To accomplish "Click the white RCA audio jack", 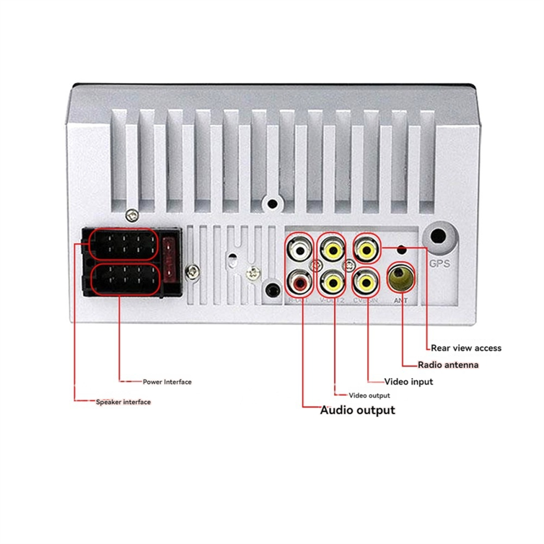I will [x=299, y=251].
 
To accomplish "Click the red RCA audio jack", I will [x=299, y=283].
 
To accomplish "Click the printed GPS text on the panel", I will [x=440, y=264].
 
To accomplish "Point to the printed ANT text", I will [x=401, y=301].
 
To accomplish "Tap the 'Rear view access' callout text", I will [x=466, y=348].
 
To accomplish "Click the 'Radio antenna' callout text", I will [x=448, y=365].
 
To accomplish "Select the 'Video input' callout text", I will [x=408, y=381].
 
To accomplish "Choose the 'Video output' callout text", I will [x=369, y=396].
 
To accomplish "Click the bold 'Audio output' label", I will [x=357, y=410].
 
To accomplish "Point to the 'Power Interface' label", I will [x=167, y=382].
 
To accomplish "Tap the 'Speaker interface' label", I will [x=123, y=402].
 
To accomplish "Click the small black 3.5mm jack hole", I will [x=271, y=288].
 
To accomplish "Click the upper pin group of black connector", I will [x=124, y=245].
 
